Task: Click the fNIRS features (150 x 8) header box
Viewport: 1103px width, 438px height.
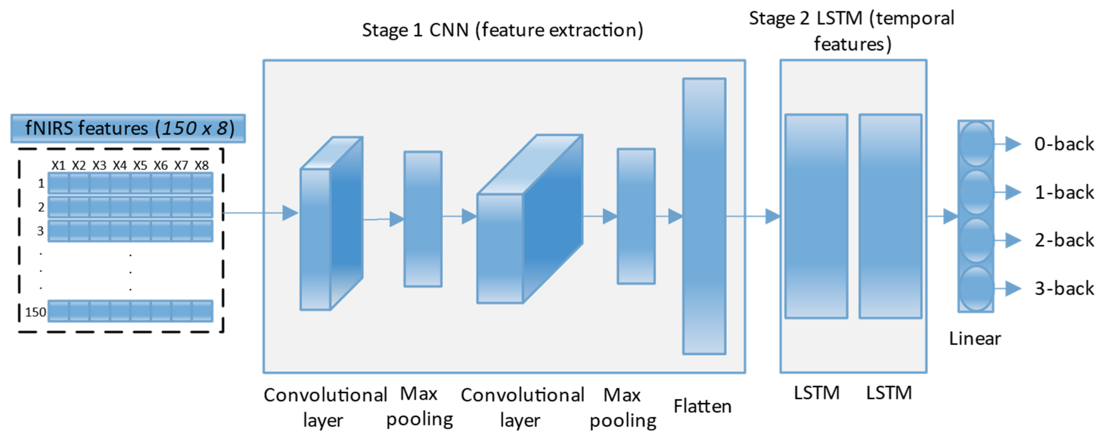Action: [128, 128]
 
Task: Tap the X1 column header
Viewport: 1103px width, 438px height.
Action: [58, 165]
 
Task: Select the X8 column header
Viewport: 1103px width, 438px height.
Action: [201, 165]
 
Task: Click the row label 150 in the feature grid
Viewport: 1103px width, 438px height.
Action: [35, 312]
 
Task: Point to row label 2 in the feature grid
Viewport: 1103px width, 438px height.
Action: [41, 207]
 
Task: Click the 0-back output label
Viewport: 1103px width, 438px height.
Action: [1064, 144]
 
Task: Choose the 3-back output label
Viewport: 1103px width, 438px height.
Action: [1064, 289]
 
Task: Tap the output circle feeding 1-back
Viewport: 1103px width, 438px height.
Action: [976, 192]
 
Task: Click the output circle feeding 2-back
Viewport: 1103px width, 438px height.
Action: [976, 240]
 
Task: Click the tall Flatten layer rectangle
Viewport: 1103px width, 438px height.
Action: [704, 216]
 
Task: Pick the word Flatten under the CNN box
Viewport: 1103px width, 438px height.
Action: [702, 406]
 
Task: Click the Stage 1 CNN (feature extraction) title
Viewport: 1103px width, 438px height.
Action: [502, 30]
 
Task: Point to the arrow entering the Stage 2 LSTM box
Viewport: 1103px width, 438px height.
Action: [754, 216]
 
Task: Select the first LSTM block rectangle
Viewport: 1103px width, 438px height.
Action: [816, 216]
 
